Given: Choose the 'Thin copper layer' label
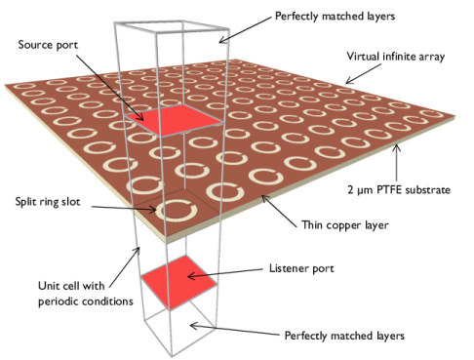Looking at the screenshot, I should (342, 225).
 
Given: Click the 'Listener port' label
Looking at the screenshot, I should (298, 266).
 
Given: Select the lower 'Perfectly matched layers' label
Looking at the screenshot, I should (340, 336).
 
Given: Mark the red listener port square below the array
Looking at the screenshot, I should (178, 281).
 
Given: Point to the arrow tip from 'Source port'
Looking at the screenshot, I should (144, 122).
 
